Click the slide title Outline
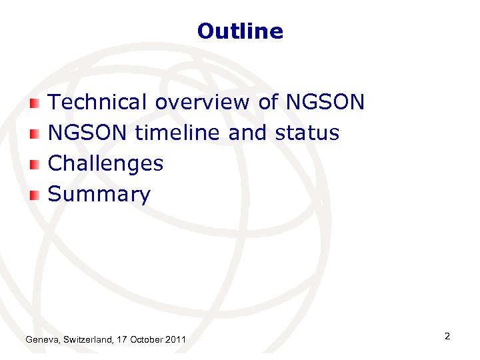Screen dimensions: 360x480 pyautogui.click(x=240, y=31)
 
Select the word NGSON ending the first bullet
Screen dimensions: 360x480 pyautogui.click(x=325, y=102)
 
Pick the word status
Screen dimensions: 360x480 pyautogui.click(x=307, y=133)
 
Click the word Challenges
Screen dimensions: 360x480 pyautogui.click(x=106, y=163)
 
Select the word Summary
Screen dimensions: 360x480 pyautogui.click(x=99, y=195)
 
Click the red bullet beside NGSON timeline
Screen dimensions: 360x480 pyautogui.click(x=35, y=133)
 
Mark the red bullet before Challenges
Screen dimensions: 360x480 pyautogui.click(x=35, y=164)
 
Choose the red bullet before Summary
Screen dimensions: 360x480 pyautogui.click(x=35, y=195)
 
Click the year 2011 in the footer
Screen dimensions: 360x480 pyautogui.click(x=175, y=341)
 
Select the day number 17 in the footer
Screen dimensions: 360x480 pyautogui.click(x=121, y=341)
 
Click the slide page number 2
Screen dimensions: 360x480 pyautogui.click(x=447, y=337)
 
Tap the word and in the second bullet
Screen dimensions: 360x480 pyautogui.click(x=246, y=133)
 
